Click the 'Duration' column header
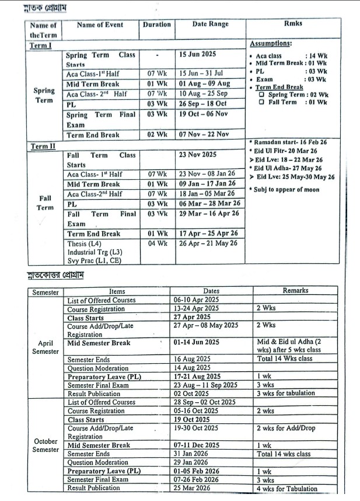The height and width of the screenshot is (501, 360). (x=157, y=25)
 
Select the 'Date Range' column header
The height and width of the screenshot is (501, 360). (x=210, y=25)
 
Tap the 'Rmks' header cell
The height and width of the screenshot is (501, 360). (x=293, y=25)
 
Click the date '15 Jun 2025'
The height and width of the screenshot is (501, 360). (x=198, y=55)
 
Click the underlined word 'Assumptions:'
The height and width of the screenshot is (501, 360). (x=271, y=44)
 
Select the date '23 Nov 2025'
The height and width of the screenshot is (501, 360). (x=198, y=155)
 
